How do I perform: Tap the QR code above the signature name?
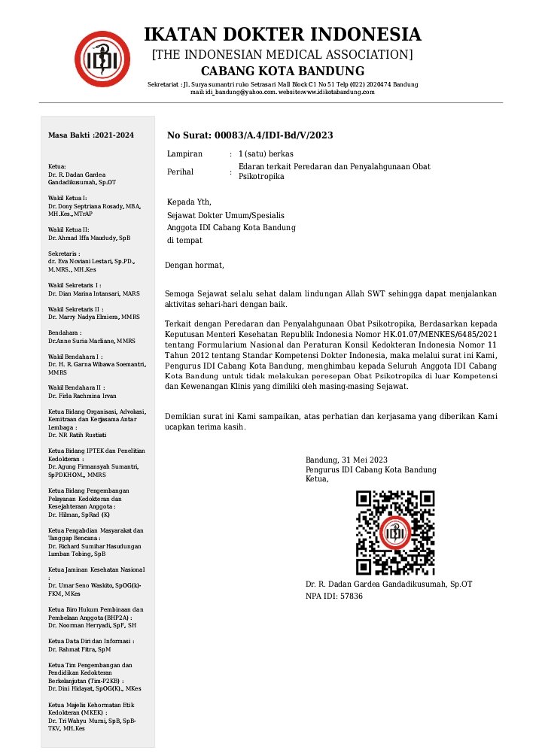tap(395, 533)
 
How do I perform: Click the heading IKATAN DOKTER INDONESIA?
tap(282, 35)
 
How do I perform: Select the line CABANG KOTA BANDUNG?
tap(282, 71)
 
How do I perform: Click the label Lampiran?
tap(184, 154)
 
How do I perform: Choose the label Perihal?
tap(181, 172)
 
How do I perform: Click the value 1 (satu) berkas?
tap(266, 154)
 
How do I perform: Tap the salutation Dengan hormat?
tap(194, 265)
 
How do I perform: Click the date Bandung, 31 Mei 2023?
tap(346, 460)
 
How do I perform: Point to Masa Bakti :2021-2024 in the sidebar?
tap(91, 135)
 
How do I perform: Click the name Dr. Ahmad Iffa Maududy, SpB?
tap(89, 238)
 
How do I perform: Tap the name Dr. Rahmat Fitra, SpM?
tap(79, 648)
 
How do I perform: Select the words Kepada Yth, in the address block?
tap(189, 202)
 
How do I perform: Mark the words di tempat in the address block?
tap(184, 241)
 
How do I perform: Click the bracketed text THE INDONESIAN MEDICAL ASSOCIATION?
tap(282, 54)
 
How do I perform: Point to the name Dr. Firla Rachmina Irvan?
tap(83, 396)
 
